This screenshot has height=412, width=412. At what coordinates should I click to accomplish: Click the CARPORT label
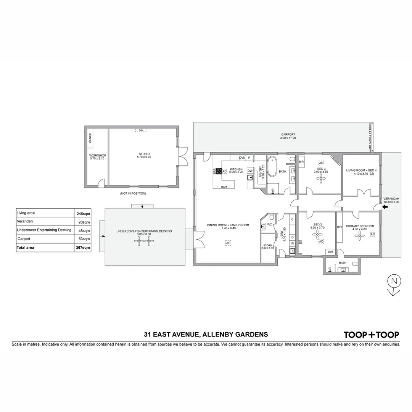point(288,134)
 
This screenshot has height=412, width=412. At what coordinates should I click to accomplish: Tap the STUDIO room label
point(144,154)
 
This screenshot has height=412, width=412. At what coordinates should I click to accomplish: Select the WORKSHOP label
point(97,156)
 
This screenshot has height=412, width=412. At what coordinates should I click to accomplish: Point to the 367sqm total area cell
point(83,248)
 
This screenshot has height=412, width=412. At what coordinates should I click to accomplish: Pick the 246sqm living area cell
point(83,214)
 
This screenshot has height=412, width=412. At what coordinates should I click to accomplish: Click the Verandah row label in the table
point(25,221)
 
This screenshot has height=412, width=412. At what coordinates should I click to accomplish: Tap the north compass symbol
point(394,285)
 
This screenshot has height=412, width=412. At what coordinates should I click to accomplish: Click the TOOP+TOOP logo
point(371,335)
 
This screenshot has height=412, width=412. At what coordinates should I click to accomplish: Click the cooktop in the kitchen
point(219,171)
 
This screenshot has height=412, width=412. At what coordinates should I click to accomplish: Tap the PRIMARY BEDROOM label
point(360,226)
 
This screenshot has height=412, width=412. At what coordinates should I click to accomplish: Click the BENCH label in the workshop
point(90,138)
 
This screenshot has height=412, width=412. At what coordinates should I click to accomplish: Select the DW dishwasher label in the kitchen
point(250,171)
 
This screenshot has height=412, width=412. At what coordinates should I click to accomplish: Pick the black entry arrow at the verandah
point(385,207)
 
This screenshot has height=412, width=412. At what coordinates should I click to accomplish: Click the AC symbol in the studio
point(141,130)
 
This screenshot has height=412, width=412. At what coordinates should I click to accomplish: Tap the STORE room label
point(267,245)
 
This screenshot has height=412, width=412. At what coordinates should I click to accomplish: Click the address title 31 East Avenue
point(206,335)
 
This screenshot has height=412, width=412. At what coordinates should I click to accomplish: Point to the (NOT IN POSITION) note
point(133,193)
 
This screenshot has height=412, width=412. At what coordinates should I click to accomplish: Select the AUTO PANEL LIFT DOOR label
point(370,137)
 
